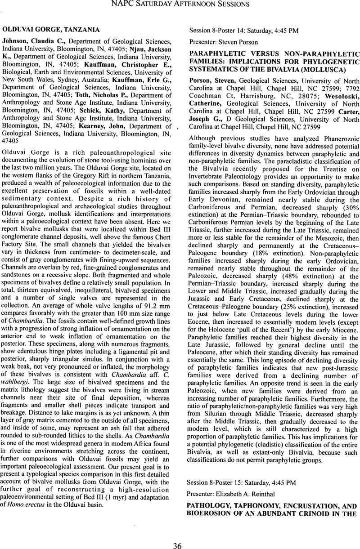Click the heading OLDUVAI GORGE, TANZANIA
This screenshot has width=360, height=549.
(51, 30)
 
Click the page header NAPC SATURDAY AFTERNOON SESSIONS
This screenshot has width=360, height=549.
(180, 5)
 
